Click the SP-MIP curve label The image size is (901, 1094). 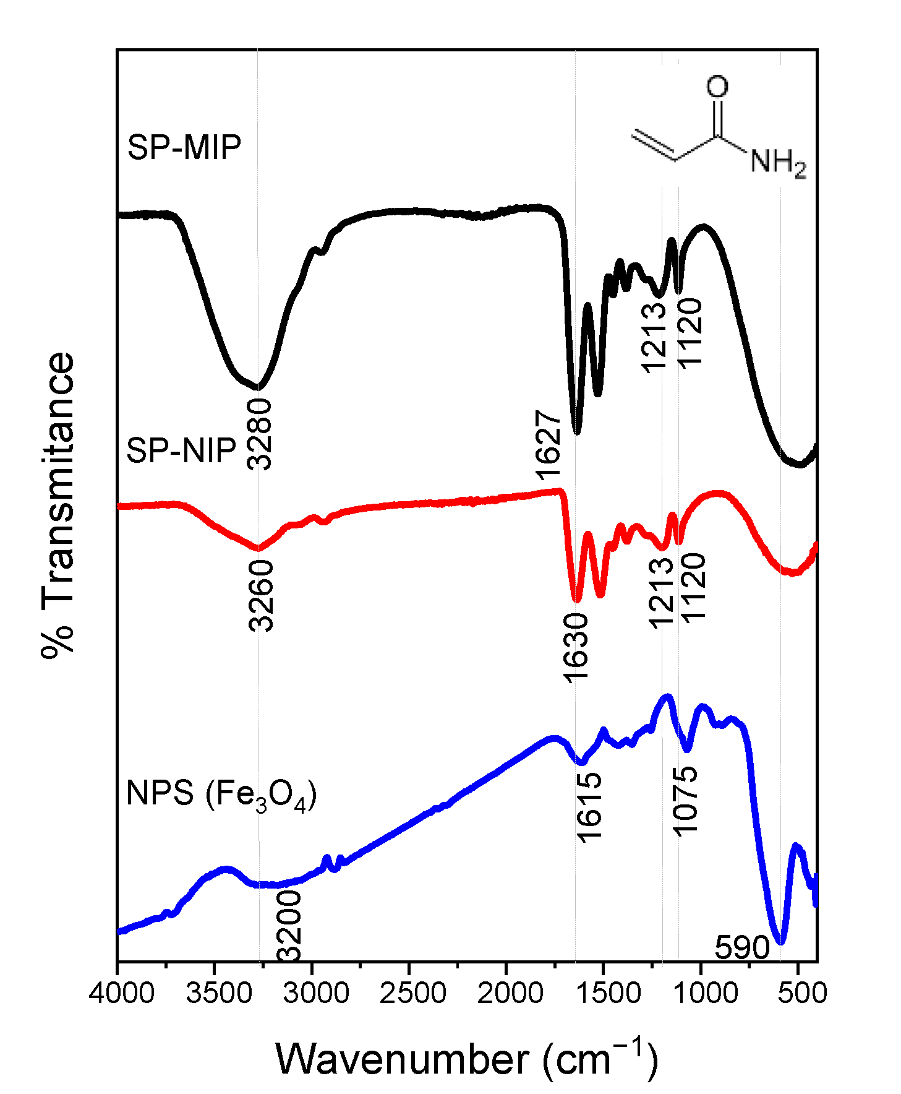click(x=184, y=148)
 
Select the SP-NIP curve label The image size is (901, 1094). click(x=181, y=450)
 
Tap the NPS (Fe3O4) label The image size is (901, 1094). click(x=221, y=794)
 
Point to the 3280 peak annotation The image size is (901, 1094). click(x=258, y=434)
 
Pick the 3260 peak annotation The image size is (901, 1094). click(x=260, y=595)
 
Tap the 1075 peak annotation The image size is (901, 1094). click(x=685, y=801)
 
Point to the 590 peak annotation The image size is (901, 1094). click(x=741, y=947)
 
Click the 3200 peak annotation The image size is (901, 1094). click(x=288, y=926)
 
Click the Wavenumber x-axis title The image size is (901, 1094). click(x=467, y=1059)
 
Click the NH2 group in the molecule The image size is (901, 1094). click(x=777, y=163)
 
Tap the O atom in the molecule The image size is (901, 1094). click(x=717, y=87)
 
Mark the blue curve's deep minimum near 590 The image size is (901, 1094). click(x=780, y=942)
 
